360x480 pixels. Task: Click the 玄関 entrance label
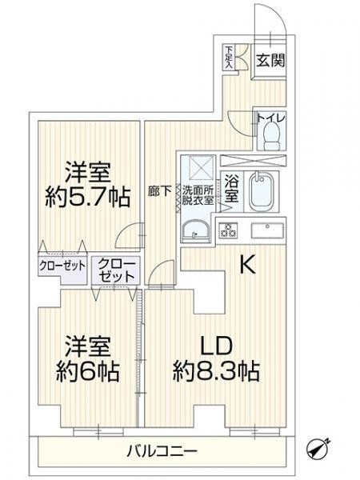pos(270,60)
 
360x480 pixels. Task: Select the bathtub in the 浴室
pos(262,192)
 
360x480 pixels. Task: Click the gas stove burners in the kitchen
pos(228,230)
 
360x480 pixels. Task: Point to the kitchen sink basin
pos(267,230)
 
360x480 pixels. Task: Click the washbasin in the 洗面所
pos(196,232)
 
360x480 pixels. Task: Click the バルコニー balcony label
pos(162,451)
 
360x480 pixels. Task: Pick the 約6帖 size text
pos(88,371)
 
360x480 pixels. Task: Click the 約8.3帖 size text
pos(216,370)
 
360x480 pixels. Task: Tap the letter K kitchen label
pos(247,265)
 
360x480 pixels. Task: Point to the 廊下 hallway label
pos(159,191)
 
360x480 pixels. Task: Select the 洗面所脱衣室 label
pos(198,195)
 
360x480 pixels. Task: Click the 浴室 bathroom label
pos(232,188)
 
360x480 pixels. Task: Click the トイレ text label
pos(271,118)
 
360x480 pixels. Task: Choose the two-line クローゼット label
pos(117,270)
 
